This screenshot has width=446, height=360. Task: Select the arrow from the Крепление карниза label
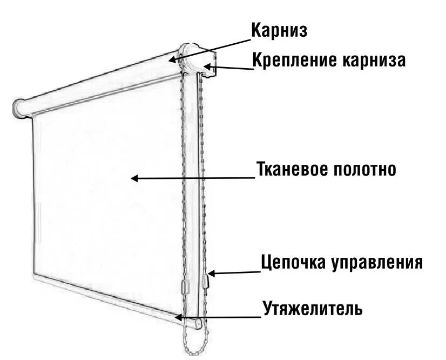229,68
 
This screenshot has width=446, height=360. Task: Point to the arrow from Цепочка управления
235,272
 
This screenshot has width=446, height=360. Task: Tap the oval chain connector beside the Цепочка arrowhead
206,282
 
